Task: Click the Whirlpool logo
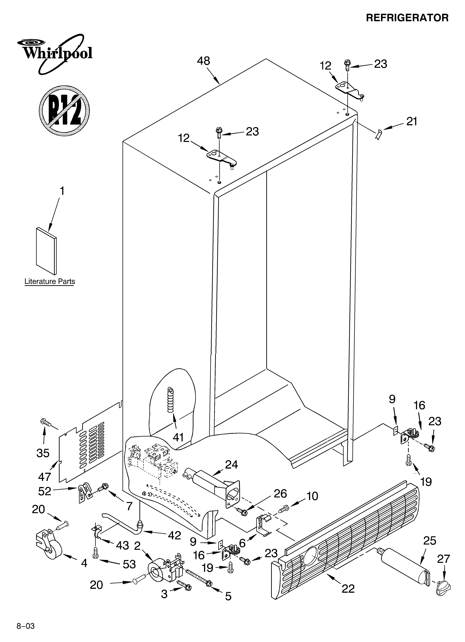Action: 54,53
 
